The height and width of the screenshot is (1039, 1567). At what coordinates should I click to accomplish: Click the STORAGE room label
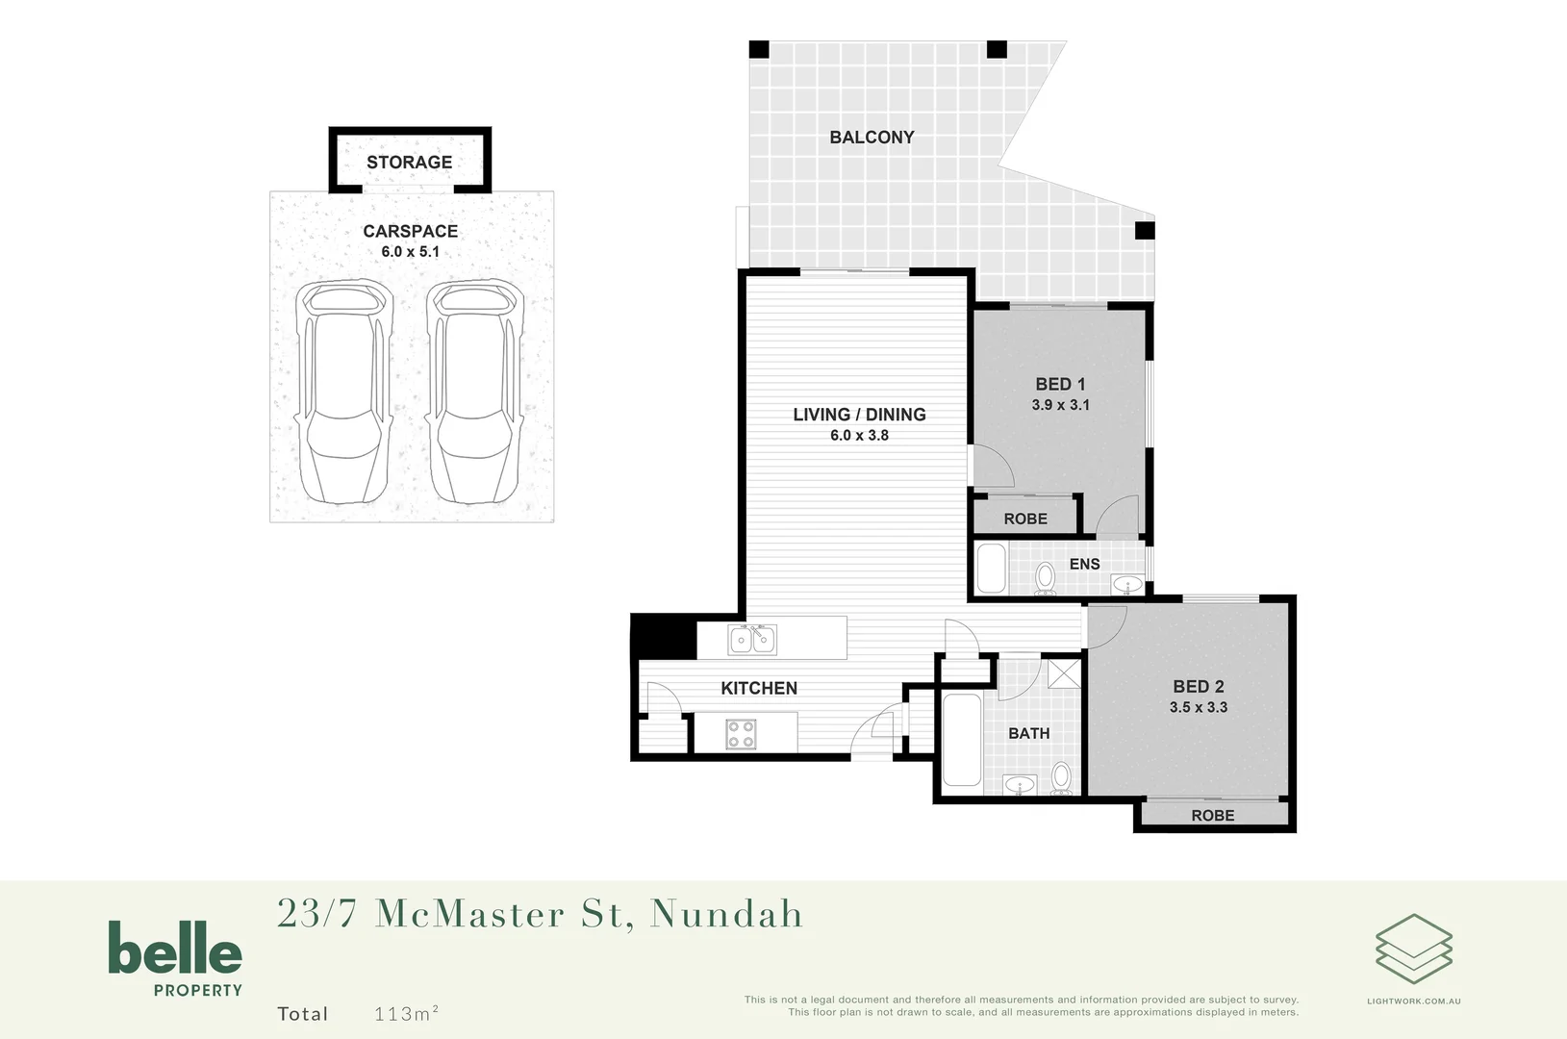(x=409, y=163)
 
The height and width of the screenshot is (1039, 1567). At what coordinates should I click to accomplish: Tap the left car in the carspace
(x=343, y=393)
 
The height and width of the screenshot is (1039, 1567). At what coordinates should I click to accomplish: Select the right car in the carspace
(x=474, y=393)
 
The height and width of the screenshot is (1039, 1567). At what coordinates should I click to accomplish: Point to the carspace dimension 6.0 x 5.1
(x=410, y=252)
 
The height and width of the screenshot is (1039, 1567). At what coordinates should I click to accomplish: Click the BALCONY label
(x=872, y=138)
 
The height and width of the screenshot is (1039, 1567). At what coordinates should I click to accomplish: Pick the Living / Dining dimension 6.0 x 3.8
(x=859, y=436)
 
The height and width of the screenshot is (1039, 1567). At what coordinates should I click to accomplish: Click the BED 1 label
(x=1060, y=384)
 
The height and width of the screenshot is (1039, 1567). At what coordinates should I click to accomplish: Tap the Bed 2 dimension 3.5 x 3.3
(x=1198, y=707)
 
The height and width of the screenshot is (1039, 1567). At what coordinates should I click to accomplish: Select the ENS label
(x=1084, y=564)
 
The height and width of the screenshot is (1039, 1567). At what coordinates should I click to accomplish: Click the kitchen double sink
(x=752, y=640)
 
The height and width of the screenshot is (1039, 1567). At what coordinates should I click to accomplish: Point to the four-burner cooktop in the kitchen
(x=741, y=734)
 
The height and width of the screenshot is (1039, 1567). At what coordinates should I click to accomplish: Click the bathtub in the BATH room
(x=961, y=739)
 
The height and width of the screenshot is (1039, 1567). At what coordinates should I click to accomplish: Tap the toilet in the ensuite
(x=1045, y=578)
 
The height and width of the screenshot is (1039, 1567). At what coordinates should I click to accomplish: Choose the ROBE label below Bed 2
(x=1212, y=816)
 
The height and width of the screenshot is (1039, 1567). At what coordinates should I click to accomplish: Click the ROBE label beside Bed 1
(x=1025, y=519)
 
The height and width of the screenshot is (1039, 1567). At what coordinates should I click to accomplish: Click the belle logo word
(x=174, y=949)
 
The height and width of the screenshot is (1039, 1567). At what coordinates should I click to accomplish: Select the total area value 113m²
(x=406, y=1014)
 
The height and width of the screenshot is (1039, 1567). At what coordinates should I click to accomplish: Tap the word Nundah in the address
(x=726, y=914)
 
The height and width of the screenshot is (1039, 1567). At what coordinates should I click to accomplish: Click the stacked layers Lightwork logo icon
(x=1413, y=949)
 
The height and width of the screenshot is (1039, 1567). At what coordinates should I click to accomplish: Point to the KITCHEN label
(x=759, y=689)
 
